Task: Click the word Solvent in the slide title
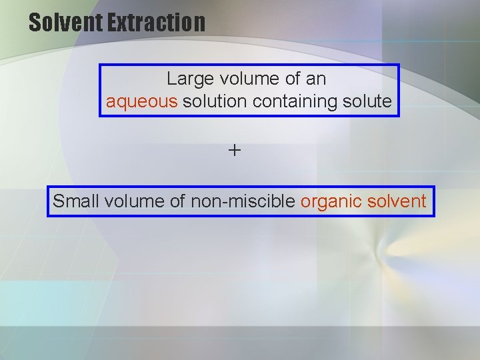(x=65, y=23)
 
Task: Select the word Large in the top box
(x=185, y=79)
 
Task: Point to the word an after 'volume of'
(x=316, y=79)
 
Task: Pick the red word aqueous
(x=141, y=102)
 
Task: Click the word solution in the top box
(x=211, y=101)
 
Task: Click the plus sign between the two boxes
(x=235, y=151)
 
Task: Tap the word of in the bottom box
(x=178, y=201)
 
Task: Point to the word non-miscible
(x=243, y=201)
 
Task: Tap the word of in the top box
(x=292, y=79)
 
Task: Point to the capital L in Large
(x=171, y=79)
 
